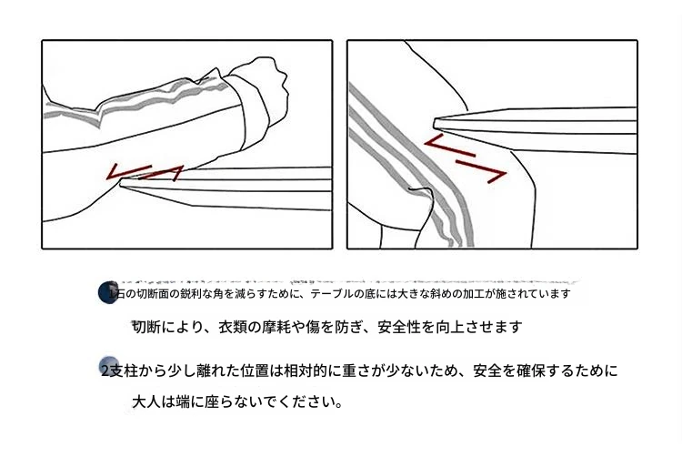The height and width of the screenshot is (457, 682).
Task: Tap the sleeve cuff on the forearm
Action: pos(252,112)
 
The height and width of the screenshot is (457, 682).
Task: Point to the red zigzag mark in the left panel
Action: pos(145,172)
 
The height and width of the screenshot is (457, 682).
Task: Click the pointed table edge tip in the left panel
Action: pos(121,185)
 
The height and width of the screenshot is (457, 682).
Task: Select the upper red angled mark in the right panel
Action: pos(449,146)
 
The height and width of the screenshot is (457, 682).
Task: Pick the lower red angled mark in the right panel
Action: pos(482,170)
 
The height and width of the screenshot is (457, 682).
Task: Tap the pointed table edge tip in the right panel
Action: pos(436,123)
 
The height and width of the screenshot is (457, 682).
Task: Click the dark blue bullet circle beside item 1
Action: pos(108,292)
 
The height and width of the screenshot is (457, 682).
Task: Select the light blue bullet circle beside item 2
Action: pos(108,366)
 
